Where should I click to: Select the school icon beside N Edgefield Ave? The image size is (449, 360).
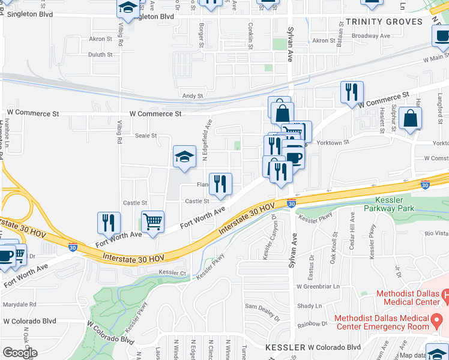click(x=184, y=157)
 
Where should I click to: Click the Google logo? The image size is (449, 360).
click(x=20, y=353)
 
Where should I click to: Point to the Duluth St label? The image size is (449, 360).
click(x=100, y=55)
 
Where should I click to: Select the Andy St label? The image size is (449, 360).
click(x=193, y=96)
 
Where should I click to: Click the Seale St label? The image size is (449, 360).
click(x=146, y=136)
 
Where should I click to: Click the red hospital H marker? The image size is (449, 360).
click(x=445, y=295)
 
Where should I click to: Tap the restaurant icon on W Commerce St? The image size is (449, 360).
click(x=352, y=92)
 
